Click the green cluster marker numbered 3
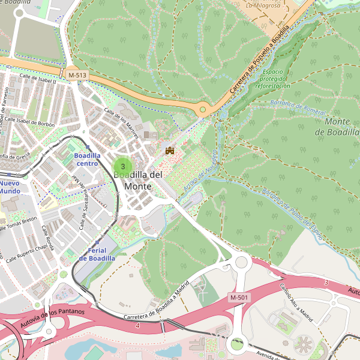click(x=123, y=166)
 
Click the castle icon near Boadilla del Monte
click(x=170, y=150)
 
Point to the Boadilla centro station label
click(x=87, y=159)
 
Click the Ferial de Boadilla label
click(x=97, y=254)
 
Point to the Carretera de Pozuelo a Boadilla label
click(x=260, y=59)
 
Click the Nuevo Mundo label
click(x=10, y=187)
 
